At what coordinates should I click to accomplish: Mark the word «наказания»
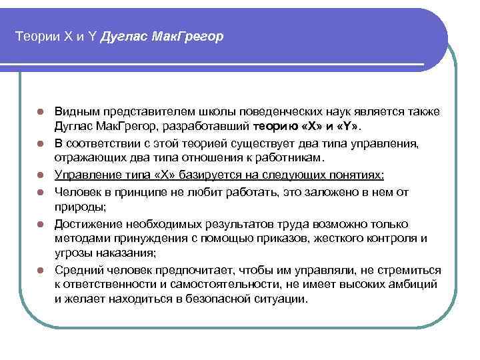coord(122,253)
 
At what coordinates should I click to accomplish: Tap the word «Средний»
coord(77,269)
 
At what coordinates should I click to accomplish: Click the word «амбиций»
coord(415,283)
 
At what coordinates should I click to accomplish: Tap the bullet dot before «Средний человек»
coord(41,269)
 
